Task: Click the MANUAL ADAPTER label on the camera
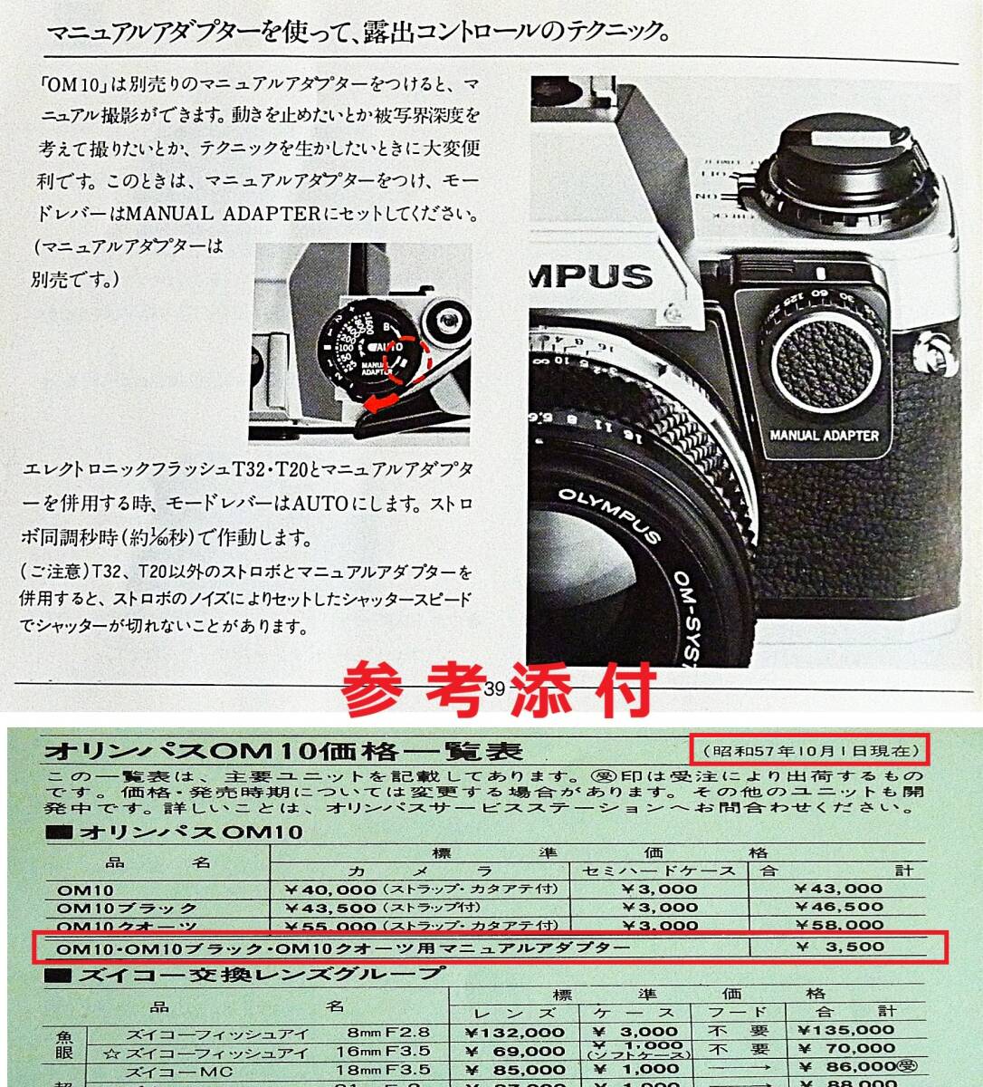point(824,435)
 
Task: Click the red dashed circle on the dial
point(407,359)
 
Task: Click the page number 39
point(493,689)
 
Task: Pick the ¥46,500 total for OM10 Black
point(837,907)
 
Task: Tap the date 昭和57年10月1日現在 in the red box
point(807,751)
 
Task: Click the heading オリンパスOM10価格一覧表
point(282,752)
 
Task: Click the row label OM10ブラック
point(127,908)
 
